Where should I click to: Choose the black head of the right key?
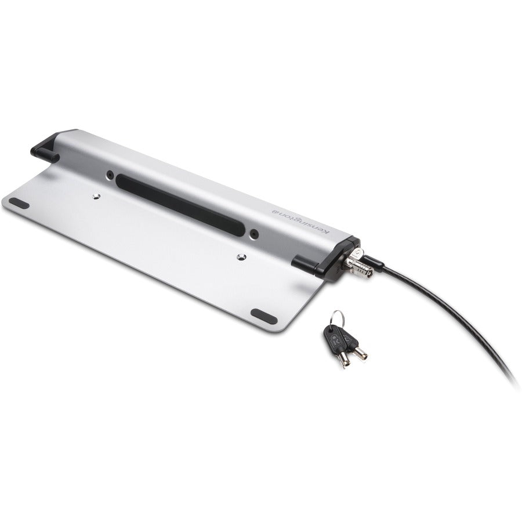point(351,337)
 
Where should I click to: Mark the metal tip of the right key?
point(361,355)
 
